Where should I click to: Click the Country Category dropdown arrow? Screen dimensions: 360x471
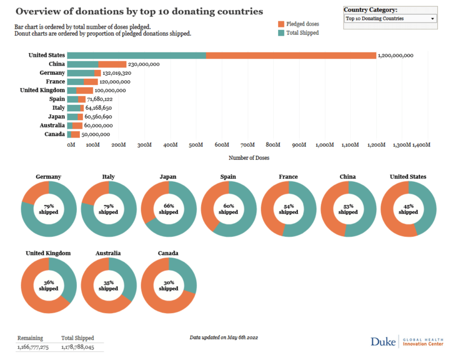[x=432, y=19]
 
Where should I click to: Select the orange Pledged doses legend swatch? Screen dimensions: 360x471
[x=281, y=24]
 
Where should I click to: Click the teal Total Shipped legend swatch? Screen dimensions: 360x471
[x=281, y=33]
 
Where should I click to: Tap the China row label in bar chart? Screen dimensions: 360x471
[x=57, y=64]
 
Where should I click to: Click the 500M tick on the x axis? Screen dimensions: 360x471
[x=196, y=145]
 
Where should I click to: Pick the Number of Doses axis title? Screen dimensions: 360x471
[x=249, y=158]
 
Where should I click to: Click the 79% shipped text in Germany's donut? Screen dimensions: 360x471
[x=49, y=209]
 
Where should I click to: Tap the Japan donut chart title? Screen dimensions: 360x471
[x=169, y=177]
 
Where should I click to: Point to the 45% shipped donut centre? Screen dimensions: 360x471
[x=408, y=209]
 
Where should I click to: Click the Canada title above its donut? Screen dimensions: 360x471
[x=169, y=253]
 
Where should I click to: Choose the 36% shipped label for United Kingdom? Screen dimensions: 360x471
[x=49, y=285]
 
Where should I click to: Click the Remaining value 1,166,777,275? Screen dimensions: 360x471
[x=33, y=347]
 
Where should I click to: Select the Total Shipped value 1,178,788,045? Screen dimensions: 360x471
[x=77, y=347]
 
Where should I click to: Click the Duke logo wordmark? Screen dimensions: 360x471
[x=383, y=342]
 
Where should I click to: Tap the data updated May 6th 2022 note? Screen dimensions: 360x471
[x=224, y=337]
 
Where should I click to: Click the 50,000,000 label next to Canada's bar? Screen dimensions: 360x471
[x=95, y=134]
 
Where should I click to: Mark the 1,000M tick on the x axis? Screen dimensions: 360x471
[x=325, y=145]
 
